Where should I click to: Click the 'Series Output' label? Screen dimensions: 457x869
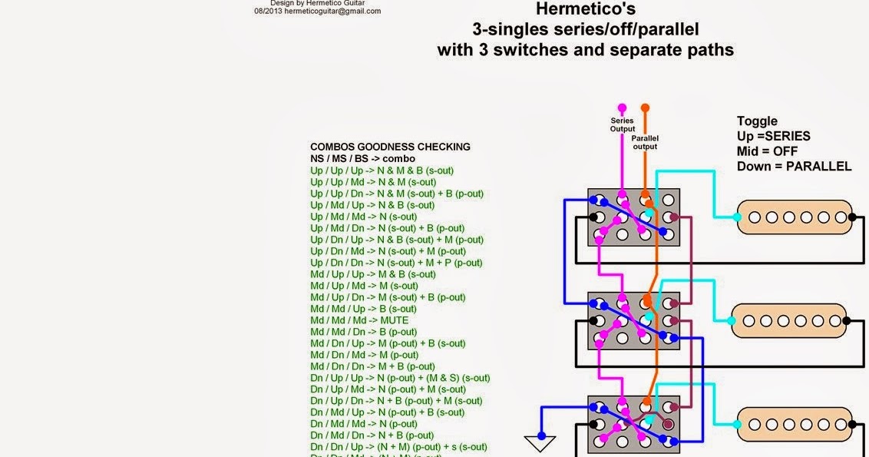tap(623, 124)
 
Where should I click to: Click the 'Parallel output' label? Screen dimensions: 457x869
tap(646, 142)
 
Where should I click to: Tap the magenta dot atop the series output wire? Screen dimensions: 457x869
tap(622, 108)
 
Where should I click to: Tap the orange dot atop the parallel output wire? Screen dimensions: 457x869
tap(645, 108)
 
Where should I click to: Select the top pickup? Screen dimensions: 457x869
tap(795, 217)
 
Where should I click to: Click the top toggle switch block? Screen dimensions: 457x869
tap(634, 217)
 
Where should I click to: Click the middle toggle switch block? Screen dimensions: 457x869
tap(634, 320)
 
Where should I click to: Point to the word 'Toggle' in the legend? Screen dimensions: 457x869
tap(757, 121)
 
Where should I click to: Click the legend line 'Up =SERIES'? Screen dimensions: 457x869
tap(773, 136)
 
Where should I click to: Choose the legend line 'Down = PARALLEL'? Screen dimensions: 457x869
tap(794, 166)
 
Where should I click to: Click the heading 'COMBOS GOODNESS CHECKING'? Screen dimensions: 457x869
tap(390, 147)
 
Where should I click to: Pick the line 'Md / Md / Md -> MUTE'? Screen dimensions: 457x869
tap(359, 320)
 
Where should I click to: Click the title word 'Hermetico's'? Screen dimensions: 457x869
tap(585, 10)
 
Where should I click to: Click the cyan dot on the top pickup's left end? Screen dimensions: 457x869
tap(738, 217)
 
